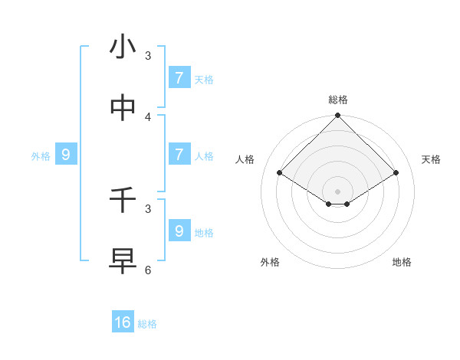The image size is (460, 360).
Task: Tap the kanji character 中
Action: (x=123, y=109)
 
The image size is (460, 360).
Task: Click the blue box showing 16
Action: (x=123, y=322)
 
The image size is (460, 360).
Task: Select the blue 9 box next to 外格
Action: (x=66, y=155)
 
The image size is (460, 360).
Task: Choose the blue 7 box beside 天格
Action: (x=179, y=77)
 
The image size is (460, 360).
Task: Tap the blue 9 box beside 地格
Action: (x=179, y=231)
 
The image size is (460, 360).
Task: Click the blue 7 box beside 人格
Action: (x=179, y=154)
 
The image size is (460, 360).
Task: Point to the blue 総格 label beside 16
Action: (x=148, y=324)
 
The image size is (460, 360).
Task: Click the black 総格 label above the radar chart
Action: (x=338, y=100)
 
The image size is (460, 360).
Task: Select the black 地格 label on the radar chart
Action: (x=402, y=262)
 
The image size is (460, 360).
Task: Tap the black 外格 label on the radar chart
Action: (x=270, y=262)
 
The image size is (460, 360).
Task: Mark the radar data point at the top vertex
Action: (x=338, y=116)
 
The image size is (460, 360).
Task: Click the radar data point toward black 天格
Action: (x=396, y=173)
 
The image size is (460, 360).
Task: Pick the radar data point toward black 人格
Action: (x=280, y=173)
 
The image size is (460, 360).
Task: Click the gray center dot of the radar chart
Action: (x=338, y=191)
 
